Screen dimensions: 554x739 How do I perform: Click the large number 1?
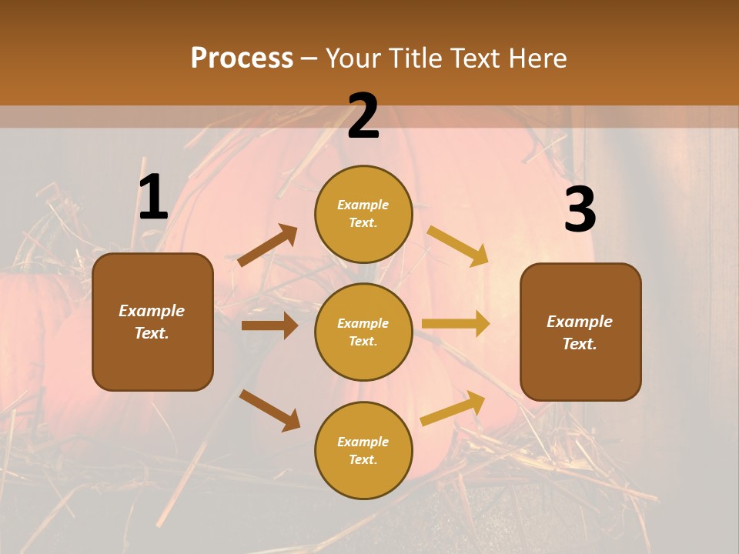[x=153, y=198]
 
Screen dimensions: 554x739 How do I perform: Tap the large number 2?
[x=363, y=116]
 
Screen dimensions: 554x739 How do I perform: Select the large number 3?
[x=580, y=209]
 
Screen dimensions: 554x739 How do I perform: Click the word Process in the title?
[x=242, y=58]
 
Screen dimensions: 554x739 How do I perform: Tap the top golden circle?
[x=363, y=214]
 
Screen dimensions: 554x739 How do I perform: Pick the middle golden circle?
[x=363, y=332]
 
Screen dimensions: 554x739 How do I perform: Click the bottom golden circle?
[x=363, y=451]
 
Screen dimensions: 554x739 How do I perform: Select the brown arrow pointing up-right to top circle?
[x=268, y=245]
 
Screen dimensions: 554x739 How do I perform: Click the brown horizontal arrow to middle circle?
[x=269, y=325]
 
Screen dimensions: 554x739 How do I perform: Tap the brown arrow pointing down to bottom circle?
[x=269, y=410]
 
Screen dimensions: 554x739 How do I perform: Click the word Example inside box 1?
[x=152, y=311]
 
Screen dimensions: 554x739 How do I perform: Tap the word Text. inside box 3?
[x=580, y=344]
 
